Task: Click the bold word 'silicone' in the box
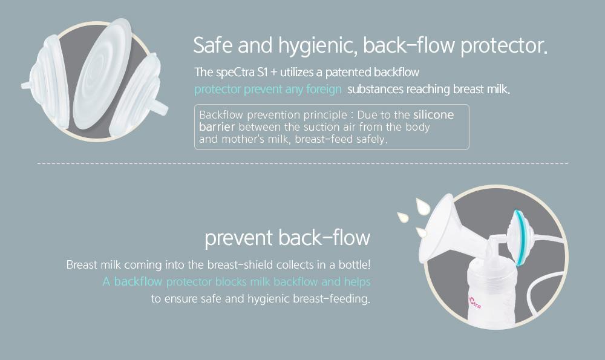[433, 114]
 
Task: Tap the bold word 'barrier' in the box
[218, 127]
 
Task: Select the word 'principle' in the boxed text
[322, 115]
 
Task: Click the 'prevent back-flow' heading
[287, 237]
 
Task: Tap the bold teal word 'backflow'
[138, 281]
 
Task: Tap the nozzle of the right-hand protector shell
[159, 107]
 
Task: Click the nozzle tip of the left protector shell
[26, 85]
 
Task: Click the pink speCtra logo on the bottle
[474, 301]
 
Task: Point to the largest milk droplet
[423, 207]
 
